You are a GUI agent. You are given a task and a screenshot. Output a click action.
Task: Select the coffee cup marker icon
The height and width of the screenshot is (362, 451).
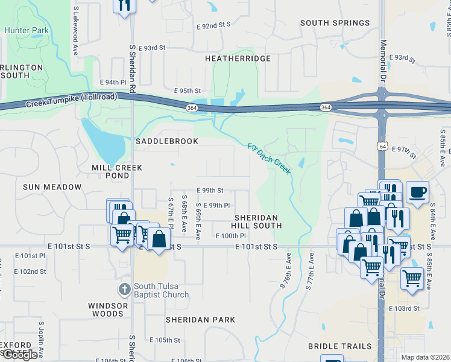point(418,192)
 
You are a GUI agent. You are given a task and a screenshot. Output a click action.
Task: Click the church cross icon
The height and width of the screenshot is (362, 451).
point(125,289)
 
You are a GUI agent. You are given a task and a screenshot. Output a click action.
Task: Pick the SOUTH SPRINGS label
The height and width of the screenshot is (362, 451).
point(335,23)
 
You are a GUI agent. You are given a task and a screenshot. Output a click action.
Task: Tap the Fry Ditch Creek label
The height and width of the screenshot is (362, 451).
point(270,158)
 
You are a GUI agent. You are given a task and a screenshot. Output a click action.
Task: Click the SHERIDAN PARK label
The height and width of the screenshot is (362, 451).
point(200,319)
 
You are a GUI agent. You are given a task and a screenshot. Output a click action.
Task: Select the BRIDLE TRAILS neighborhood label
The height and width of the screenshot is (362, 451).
point(339,346)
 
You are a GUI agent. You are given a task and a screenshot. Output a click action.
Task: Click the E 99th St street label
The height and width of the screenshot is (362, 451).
point(209,190)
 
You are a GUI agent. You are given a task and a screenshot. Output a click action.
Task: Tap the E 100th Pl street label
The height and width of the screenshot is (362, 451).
point(231,236)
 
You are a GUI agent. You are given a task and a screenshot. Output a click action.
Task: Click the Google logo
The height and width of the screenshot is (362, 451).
point(20,355)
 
